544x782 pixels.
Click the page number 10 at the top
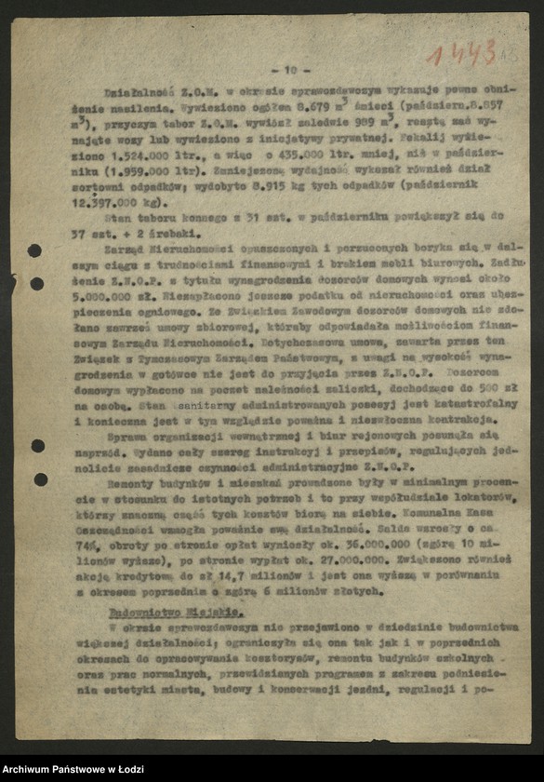coord(290,69)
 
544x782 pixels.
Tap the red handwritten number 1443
coord(461,53)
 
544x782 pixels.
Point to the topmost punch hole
coord(34,249)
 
